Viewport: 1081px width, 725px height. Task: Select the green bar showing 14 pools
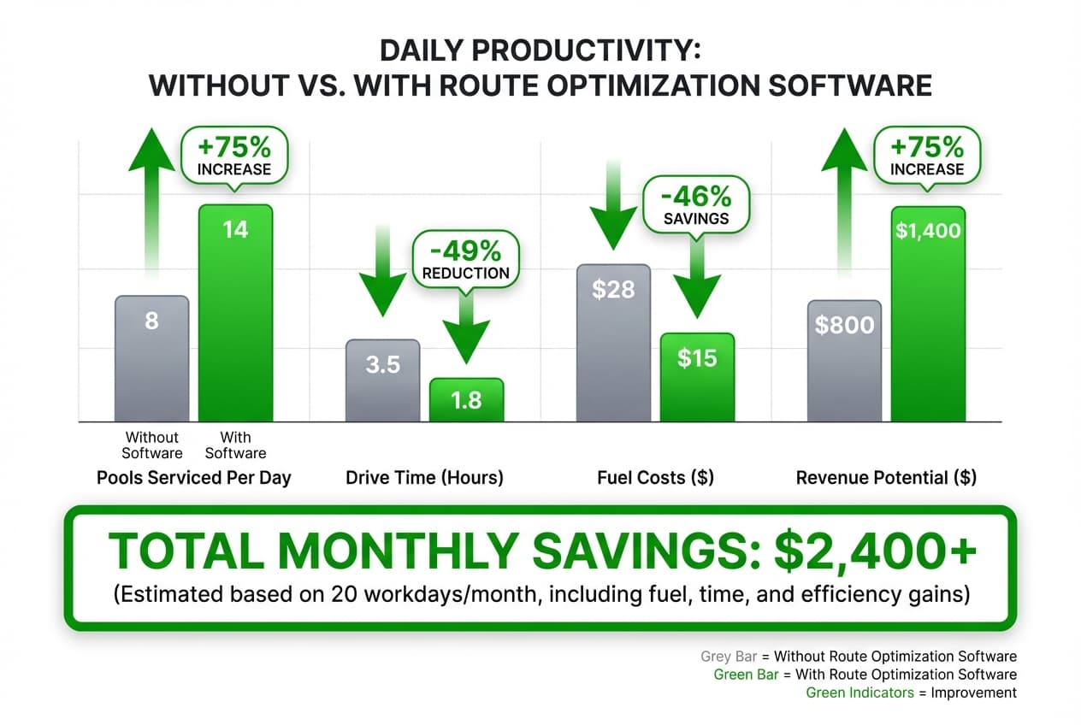click(x=235, y=312)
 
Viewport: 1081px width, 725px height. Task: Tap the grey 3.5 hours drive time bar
click(x=382, y=380)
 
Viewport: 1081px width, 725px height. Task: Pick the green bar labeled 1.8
click(x=466, y=399)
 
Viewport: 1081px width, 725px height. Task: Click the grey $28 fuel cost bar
click(x=613, y=342)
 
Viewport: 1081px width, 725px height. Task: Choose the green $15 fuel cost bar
click(x=697, y=376)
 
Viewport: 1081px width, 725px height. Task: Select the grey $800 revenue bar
click(x=844, y=360)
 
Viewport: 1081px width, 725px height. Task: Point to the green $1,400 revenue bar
click(x=928, y=313)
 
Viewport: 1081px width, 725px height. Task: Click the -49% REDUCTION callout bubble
click(x=465, y=260)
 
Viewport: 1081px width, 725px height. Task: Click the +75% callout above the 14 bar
click(x=234, y=156)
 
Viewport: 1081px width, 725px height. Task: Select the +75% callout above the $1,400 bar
click(x=927, y=156)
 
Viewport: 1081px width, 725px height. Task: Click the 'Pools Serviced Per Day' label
click(x=194, y=478)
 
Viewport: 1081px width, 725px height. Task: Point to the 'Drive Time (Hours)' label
click(x=424, y=478)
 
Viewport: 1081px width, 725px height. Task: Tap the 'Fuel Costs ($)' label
click(x=655, y=478)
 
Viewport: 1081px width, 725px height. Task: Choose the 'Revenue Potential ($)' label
click(x=886, y=478)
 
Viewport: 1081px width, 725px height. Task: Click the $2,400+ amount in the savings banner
click(x=875, y=553)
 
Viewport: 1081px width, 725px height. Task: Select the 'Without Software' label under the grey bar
click(x=151, y=445)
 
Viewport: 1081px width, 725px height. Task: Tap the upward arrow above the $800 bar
click(x=844, y=205)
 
